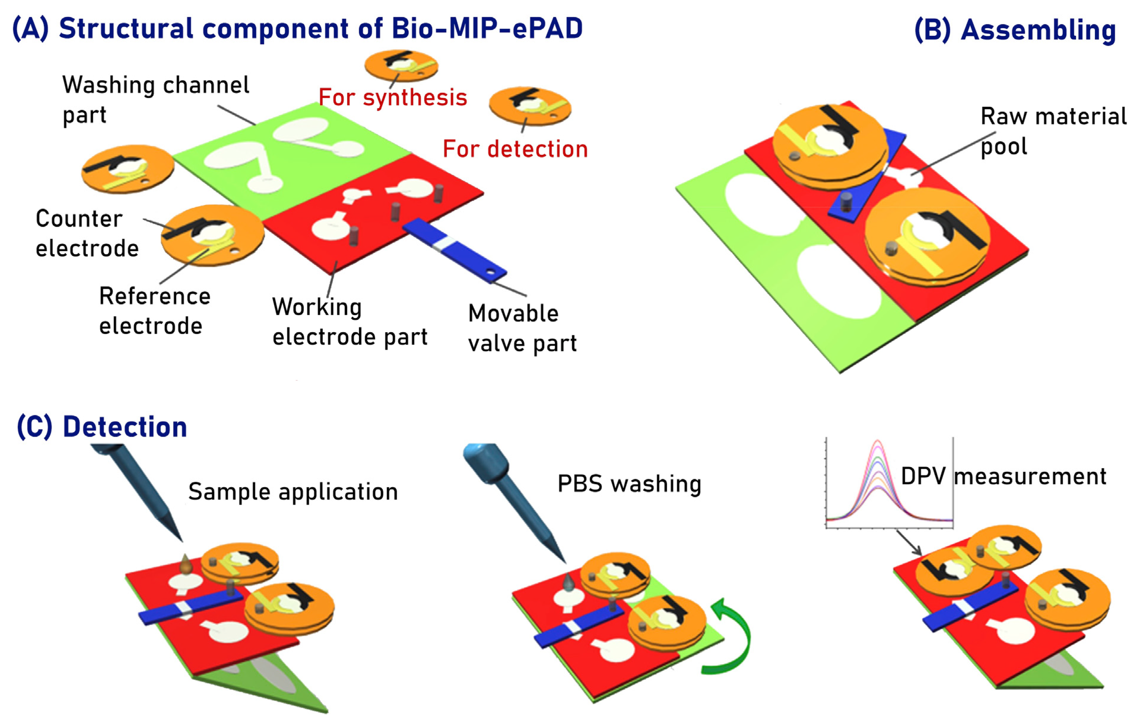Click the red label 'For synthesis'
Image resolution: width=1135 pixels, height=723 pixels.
point(393,98)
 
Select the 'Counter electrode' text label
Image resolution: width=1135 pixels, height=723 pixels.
point(87,233)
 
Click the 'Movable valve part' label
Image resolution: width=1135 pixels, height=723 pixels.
point(522,328)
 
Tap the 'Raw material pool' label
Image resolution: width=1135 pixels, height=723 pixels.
point(1053,131)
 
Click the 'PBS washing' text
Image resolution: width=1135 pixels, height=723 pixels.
point(629,484)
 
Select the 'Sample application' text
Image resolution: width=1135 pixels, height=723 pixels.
point(293,492)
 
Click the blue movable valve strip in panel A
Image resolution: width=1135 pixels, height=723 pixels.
point(455,250)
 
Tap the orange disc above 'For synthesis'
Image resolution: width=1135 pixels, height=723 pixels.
point(401,65)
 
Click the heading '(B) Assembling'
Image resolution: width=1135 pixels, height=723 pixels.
point(1015,30)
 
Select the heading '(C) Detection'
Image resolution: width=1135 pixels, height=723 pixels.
point(102,427)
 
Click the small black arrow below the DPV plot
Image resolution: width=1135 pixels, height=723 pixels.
point(908,543)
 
